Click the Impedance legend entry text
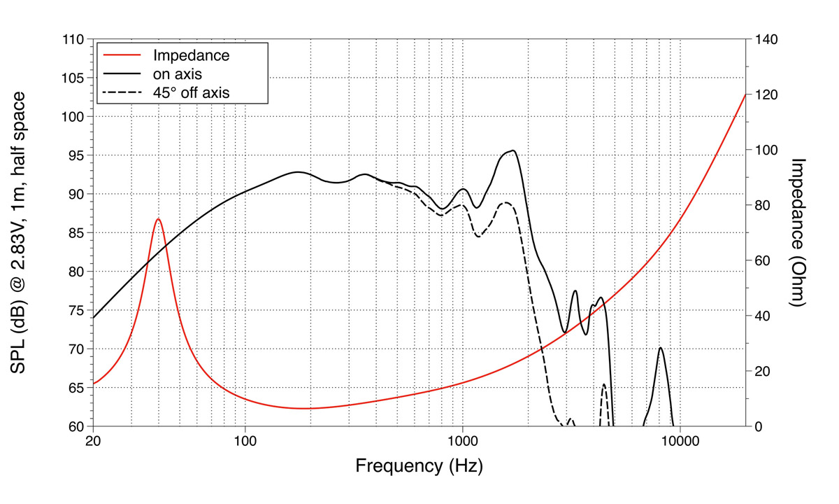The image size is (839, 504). [x=191, y=55]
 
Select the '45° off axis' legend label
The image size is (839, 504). [x=191, y=92]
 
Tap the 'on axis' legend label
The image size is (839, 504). [x=178, y=73]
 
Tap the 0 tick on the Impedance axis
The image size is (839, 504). [x=759, y=426]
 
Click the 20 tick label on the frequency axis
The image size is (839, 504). [x=93, y=442]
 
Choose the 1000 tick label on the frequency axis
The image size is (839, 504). [x=462, y=442]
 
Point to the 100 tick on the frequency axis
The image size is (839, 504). [x=245, y=442]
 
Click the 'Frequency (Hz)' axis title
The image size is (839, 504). [x=419, y=465]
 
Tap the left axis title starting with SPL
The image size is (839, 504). [x=22, y=232]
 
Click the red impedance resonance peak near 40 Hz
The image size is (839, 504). [x=159, y=219]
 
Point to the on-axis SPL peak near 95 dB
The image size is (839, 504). [x=514, y=150]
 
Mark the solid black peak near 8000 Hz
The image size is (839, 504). [x=660, y=348]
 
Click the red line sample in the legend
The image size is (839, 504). [x=123, y=55]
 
